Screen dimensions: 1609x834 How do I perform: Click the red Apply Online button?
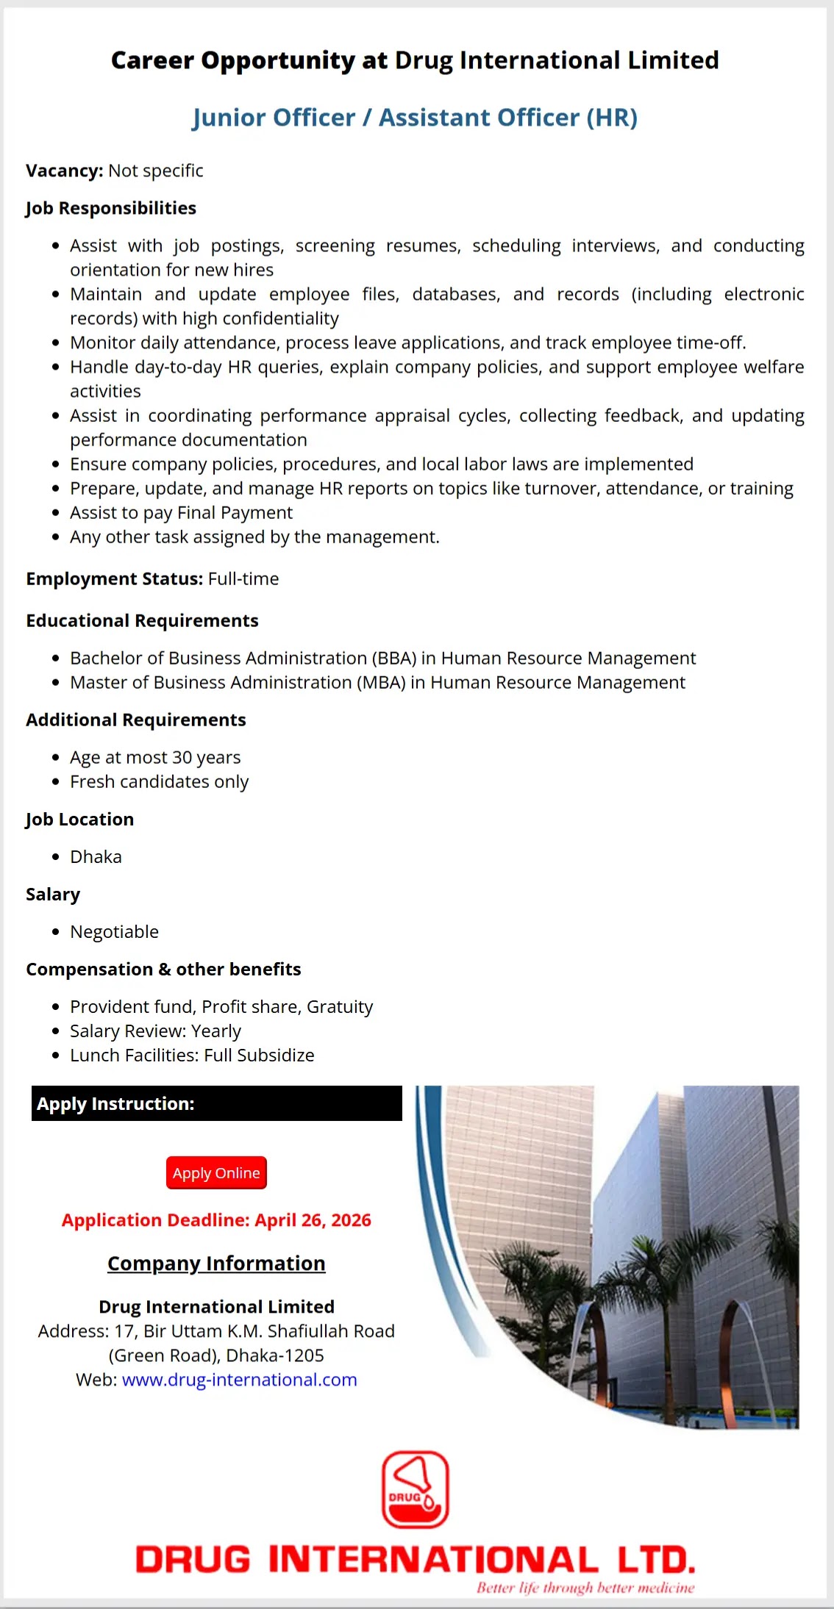[x=216, y=1172]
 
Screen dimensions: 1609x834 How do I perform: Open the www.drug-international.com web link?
[x=239, y=1380]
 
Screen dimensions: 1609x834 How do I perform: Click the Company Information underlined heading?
[x=216, y=1263]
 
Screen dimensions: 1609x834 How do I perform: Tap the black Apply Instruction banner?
[x=216, y=1103]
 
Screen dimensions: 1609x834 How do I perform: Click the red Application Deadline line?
[x=216, y=1220]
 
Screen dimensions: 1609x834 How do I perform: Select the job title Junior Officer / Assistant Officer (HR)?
[x=415, y=118]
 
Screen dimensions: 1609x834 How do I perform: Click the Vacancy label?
[x=64, y=171]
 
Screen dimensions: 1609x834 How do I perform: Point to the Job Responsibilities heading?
[x=111, y=208]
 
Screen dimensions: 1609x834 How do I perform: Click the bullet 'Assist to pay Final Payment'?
[x=181, y=512]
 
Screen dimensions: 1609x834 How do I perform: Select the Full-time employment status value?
[x=243, y=578]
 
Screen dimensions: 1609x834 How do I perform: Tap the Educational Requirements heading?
[x=142, y=620]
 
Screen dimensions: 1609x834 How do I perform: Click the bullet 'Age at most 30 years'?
[x=155, y=757]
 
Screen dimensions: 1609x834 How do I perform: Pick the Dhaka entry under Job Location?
[x=96, y=856]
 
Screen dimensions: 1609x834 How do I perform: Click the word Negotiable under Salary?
[x=114, y=931]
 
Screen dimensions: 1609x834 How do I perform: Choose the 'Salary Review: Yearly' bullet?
[x=155, y=1031]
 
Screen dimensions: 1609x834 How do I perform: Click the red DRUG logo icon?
[x=415, y=1489]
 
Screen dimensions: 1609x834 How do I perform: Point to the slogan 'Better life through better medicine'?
[x=585, y=1588]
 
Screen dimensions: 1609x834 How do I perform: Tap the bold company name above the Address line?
[x=216, y=1306]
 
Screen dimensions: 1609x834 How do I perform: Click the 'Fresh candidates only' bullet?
[x=159, y=781]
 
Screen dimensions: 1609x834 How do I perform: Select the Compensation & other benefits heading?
[x=163, y=969]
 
